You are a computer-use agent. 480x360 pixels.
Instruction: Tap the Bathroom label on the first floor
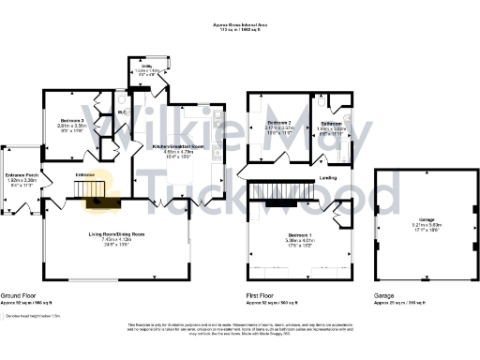[x=332, y=124]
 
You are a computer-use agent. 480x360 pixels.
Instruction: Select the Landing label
[x=328, y=176]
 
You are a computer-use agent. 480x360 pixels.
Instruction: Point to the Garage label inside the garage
[x=409, y=221]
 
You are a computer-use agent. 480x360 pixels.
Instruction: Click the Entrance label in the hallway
[x=85, y=174]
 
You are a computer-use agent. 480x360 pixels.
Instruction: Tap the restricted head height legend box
[x=5, y=316]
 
